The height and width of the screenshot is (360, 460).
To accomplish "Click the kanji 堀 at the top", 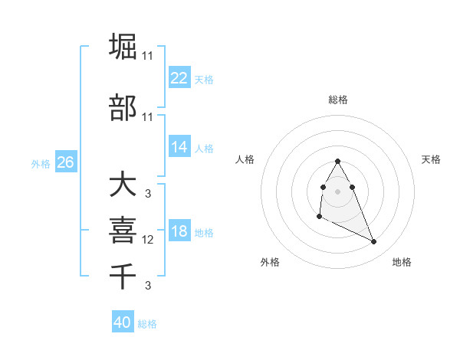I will tap(124, 47).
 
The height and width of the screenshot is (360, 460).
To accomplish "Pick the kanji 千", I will tap(124, 274).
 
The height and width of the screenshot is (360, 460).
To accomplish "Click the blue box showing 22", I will tap(179, 78).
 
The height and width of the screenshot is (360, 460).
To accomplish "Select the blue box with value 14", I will tap(179, 147).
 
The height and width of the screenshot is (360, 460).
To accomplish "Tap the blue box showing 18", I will tap(179, 231).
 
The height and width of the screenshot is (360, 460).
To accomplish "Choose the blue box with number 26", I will tap(65, 162).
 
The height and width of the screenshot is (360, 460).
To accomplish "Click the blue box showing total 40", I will tap(123, 322).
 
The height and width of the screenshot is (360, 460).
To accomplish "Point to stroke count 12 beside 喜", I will tap(148, 240).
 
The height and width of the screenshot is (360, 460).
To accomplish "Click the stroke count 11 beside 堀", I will tap(147, 56).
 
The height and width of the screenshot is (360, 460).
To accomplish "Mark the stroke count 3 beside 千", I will tap(148, 286).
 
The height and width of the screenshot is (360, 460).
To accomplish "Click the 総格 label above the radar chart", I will tap(338, 100).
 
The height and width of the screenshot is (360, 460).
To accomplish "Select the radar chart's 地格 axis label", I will tap(402, 262).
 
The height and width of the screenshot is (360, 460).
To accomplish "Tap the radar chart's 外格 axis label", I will tap(270, 262).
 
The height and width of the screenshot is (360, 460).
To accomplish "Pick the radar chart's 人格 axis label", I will tap(245, 159).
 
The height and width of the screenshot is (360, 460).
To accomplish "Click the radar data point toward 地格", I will tap(374, 242).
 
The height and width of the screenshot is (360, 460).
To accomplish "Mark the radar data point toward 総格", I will tap(337, 161).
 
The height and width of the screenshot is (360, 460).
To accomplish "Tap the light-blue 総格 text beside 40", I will tap(147, 324).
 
